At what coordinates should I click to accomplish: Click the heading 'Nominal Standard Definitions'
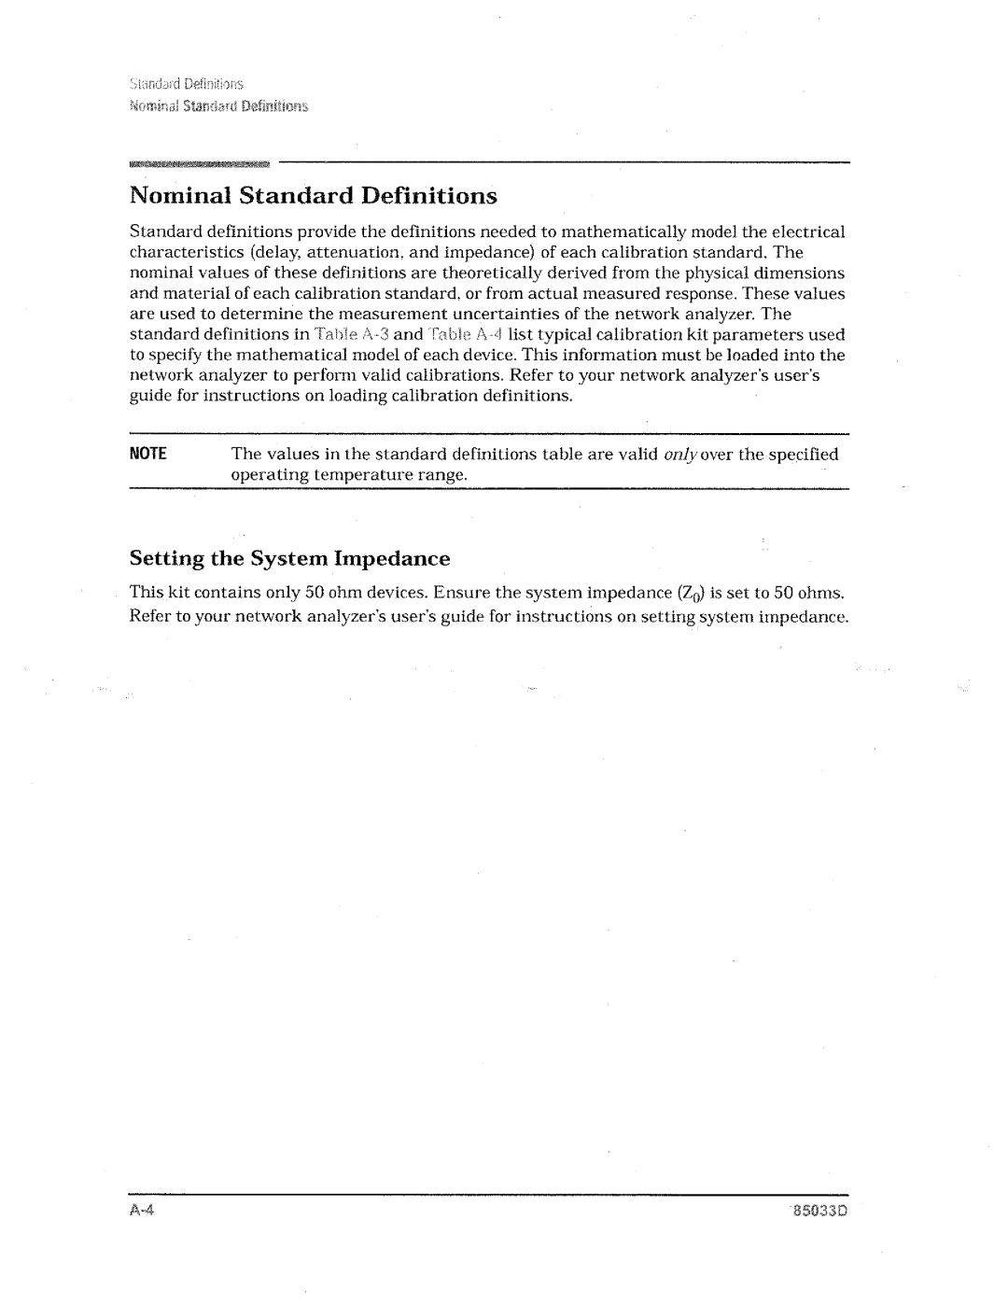(313, 197)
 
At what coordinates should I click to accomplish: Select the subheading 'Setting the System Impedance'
(289, 559)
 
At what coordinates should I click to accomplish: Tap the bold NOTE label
(147, 455)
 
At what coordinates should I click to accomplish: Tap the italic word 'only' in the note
(680, 455)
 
